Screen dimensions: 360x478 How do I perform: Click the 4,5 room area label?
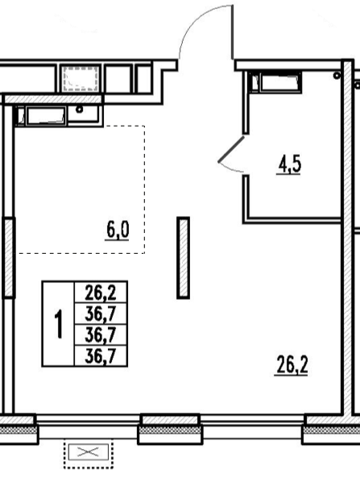point(288,166)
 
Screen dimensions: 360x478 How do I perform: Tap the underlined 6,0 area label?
point(118,231)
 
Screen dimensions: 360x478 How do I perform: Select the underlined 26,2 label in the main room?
point(292,365)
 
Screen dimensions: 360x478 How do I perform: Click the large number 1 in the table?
point(58,323)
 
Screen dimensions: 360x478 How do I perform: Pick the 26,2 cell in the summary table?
point(101,293)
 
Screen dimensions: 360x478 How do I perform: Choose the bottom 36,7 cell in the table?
point(101,355)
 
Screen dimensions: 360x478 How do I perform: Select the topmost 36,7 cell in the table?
point(101,314)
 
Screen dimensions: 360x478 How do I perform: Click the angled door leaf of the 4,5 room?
point(231,149)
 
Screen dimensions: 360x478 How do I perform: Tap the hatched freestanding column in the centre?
point(183,258)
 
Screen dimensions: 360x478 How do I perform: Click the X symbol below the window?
point(89,451)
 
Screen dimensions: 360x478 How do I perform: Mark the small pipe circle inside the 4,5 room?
point(337,75)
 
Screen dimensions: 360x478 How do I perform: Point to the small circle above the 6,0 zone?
point(80,109)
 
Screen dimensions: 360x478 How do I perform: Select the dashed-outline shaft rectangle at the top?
point(81,78)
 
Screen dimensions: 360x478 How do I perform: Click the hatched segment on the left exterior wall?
point(9,258)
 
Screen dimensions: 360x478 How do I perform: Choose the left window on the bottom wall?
point(89,426)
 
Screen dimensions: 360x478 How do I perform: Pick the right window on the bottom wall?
point(252,426)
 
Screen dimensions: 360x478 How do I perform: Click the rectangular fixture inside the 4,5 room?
point(280,82)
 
